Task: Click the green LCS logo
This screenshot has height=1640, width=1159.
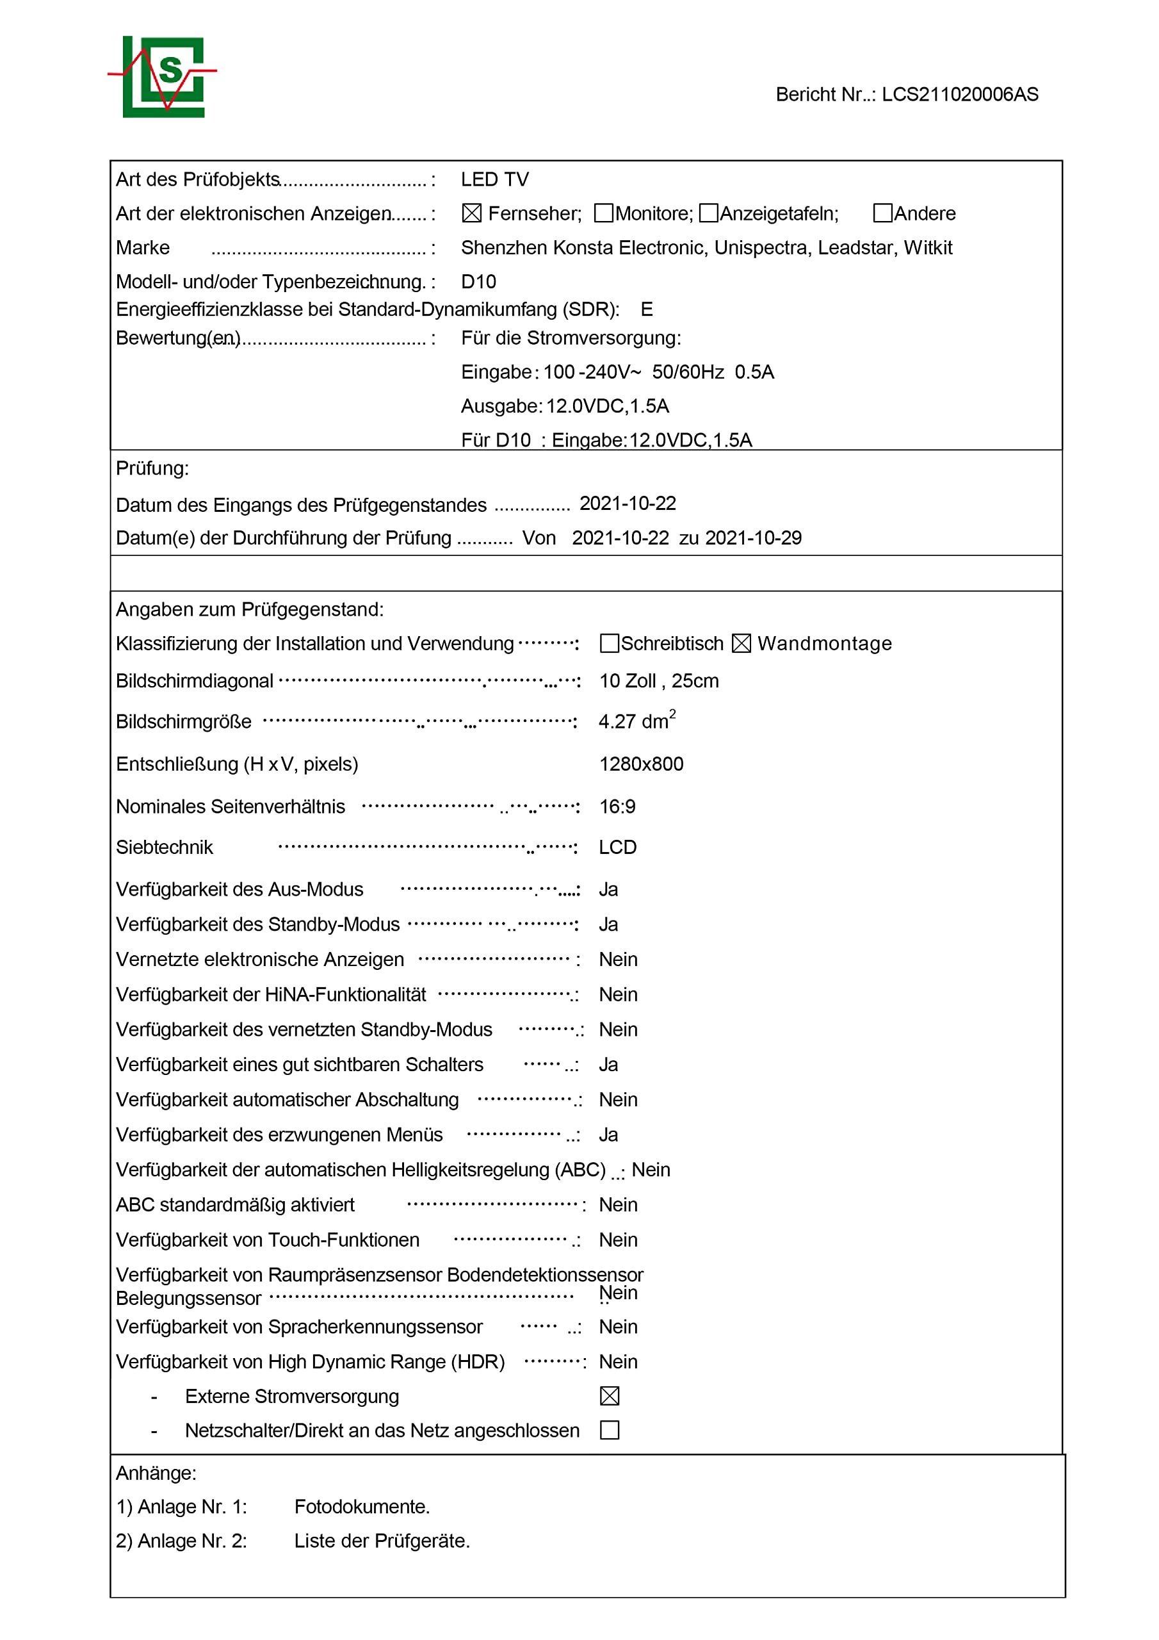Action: pos(163,76)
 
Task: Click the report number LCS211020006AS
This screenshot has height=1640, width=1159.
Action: pos(959,94)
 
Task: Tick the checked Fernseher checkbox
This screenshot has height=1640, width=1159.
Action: pos(471,213)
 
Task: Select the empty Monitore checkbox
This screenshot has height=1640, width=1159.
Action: pos(603,213)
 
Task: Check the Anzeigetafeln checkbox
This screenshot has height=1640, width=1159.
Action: pos(708,213)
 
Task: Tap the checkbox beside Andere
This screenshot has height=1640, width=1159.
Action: pos(882,213)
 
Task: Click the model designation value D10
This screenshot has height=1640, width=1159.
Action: pos(478,281)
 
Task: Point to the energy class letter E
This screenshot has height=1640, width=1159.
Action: pos(646,309)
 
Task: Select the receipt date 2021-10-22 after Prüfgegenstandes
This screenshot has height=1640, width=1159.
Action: pos(627,504)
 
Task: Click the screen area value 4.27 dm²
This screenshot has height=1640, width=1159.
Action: pos(636,721)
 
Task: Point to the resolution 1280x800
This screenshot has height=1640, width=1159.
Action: pos(640,764)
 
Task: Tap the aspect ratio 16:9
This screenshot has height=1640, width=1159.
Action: pos(617,807)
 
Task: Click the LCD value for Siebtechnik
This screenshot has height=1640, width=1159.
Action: pos(617,847)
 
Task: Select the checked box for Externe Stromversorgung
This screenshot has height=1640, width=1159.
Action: pos(609,1396)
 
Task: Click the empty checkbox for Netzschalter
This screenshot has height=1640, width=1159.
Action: pos(609,1430)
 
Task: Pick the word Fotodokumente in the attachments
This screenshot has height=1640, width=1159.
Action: pos(361,1506)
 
